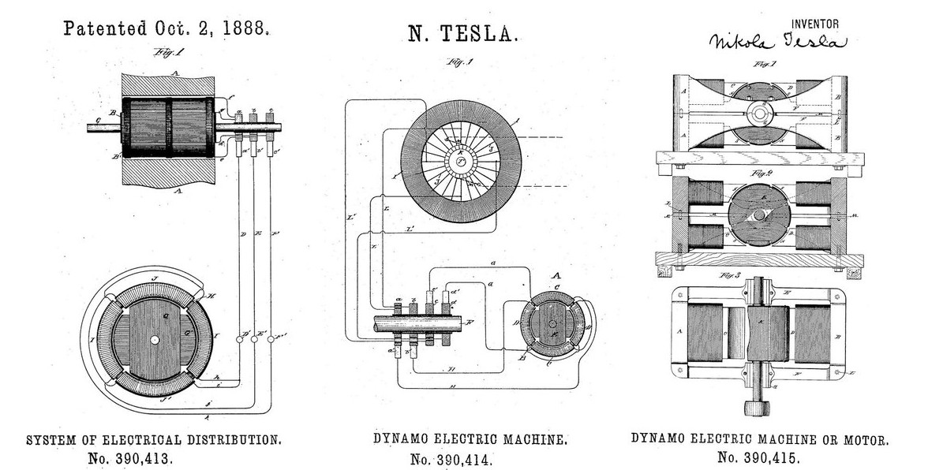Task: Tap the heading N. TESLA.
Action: [463, 33]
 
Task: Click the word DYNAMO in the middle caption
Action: [395, 438]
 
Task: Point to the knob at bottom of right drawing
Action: [758, 408]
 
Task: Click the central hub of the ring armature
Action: [457, 162]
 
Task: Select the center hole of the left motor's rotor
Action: [155, 340]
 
